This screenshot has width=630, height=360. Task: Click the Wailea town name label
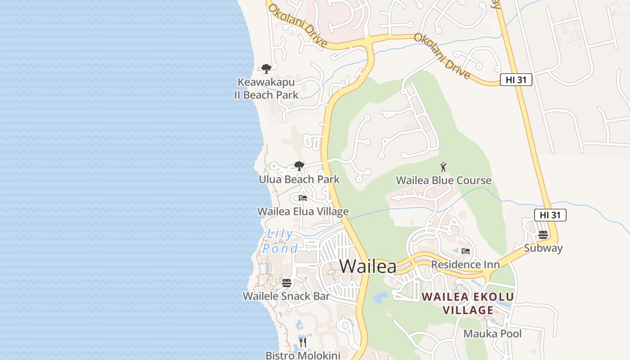(x=368, y=266)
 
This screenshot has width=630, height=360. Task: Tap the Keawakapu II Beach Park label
(x=266, y=89)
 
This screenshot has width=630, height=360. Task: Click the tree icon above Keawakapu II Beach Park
(x=266, y=69)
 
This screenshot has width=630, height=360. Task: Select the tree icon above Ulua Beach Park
(x=299, y=166)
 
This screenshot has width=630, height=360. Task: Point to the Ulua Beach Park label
(x=299, y=180)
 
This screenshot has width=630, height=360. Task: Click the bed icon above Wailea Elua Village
(x=303, y=198)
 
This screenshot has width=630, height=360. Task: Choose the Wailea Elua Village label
(x=303, y=211)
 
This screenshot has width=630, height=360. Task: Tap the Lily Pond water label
(x=280, y=241)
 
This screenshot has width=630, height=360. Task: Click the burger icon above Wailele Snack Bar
(x=287, y=283)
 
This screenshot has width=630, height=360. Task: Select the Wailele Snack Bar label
(x=286, y=296)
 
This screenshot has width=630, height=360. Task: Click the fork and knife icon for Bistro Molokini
(x=303, y=342)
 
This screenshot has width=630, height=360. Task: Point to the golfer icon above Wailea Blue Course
(x=444, y=167)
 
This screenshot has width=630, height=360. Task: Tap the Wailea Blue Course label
(x=444, y=180)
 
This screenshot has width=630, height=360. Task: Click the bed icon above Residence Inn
(x=466, y=251)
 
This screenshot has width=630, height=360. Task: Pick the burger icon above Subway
(x=543, y=235)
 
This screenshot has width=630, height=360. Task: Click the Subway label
(x=543, y=248)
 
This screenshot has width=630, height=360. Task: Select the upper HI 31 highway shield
(x=516, y=80)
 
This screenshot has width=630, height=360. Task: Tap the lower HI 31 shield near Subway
(x=550, y=215)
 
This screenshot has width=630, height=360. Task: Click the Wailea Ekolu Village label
(x=468, y=303)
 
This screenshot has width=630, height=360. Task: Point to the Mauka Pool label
(x=493, y=334)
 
